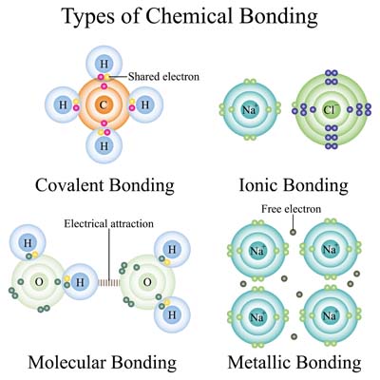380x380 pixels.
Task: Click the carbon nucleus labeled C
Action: (x=104, y=104)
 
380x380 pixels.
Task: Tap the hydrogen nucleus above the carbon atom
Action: (x=104, y=64)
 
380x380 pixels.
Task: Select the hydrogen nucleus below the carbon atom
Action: (x=104, y=146)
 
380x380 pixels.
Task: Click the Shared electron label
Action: (x=163, y=77)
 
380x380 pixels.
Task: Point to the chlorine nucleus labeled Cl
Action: (x=330, y=109)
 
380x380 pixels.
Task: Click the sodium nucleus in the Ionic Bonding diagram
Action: (x=250, y=109)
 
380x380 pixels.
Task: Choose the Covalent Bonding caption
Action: (x=104, y=185)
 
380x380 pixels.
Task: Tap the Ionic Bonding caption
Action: (x=294, y=185)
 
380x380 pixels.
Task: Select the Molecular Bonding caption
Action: (x=103, y=362)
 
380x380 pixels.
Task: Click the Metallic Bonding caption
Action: (x=294, y=362)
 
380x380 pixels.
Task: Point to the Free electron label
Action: (x=291, y=209)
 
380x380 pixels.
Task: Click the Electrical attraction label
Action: (x=108, y=224)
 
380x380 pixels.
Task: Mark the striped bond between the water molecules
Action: (x=109, y=282)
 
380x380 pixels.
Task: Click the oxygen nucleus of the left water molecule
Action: (x=39, y=282)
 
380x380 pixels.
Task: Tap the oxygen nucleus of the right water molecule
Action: (x=147, y=282)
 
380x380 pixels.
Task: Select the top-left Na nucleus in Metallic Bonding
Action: (x=257, y=251)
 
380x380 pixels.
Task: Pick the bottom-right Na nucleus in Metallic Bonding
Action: (x=330, y=315)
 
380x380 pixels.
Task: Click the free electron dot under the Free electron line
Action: (x=293, y=233)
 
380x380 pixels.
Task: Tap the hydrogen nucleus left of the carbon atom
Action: (x=64, y=104)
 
